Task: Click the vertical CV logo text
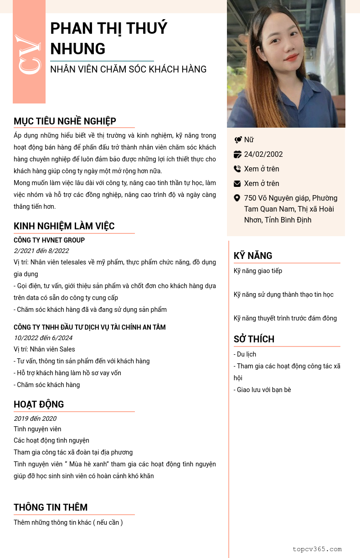click(x=29, y=54)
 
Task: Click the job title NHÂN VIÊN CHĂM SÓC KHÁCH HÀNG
click(x=129, y=69)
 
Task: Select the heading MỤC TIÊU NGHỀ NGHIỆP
click(x=65, y=121)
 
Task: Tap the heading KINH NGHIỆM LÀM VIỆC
click(x=64, y=226)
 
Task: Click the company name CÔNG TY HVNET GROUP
click(x=49, y=240)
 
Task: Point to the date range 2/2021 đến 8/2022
click(x=41, y=251)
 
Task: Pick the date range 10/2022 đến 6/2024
click(x=43, y=338)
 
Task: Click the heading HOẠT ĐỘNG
click(x=39, y=404)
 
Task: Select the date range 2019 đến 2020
click(x=35, y=418)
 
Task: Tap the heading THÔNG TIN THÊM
click(x=51, y=507)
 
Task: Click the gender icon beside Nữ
click(x=238, y=140)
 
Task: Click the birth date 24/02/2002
click(x=263, y=154)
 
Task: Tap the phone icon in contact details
click(x=237, y=169)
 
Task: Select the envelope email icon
click(x=237, y=184)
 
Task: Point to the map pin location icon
click(x=237, y=198)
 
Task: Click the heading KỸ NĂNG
click(x=253, y=256)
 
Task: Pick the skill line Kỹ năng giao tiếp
click(x=258, y=271)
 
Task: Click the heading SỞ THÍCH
click(x=254, y=339)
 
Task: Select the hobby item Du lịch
click(x=245, y=354)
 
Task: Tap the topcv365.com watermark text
click(x=317, y=549)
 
